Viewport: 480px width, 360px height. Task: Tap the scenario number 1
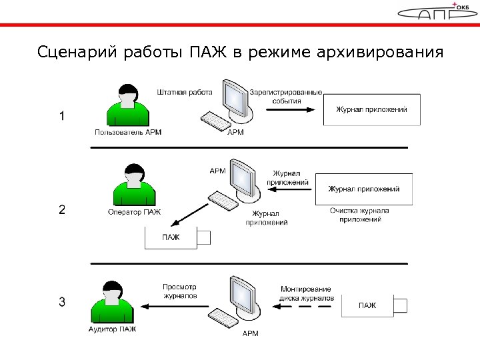(x=62, y=116)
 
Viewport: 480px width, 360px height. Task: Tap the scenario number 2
(x=62, y=209)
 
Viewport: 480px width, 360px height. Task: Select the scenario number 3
(x=62, y=302)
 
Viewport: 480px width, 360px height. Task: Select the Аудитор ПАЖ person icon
(x=113, y=303)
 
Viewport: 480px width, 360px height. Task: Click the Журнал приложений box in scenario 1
(x=371, y=109)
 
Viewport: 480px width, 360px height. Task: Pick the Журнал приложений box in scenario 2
(x=363, y=189)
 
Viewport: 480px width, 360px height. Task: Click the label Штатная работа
(x=185, y=92)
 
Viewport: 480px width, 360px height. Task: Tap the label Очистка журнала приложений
(x=359, y=215)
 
